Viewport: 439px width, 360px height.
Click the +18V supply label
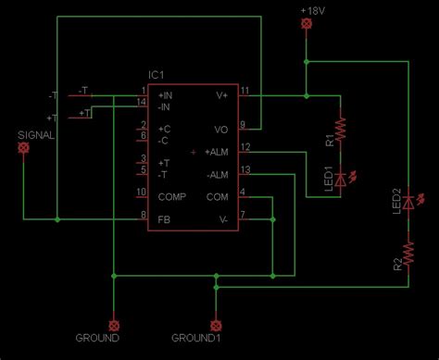(x=313, y=9)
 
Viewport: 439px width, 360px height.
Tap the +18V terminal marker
(x=307, y=25)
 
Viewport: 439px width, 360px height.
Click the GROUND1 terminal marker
(x=217, y=325)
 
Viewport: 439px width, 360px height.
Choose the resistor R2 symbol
(x=407, y=251)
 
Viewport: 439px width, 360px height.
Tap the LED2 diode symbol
(x=407, y=201)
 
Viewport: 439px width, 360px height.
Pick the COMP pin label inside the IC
(x=171, y=196)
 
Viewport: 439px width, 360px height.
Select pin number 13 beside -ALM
(x=245, y=168)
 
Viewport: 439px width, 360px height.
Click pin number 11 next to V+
(x=245, y=90)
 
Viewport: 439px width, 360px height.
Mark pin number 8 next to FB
(x=144, y=215)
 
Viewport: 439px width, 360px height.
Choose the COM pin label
(x=218, y=196)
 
